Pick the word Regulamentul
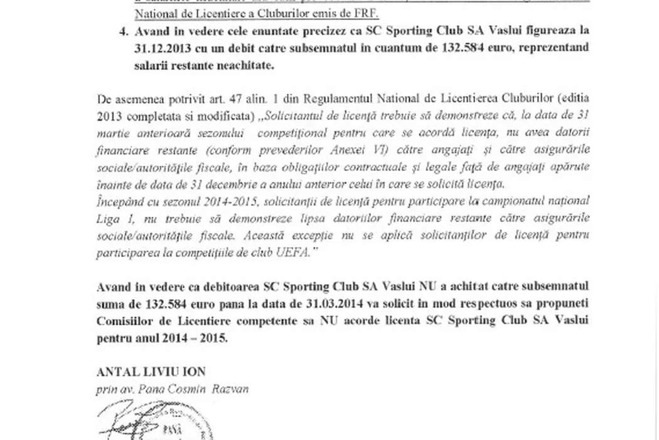(x=292, y=99)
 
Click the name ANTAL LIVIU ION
(x=151, y=372)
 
